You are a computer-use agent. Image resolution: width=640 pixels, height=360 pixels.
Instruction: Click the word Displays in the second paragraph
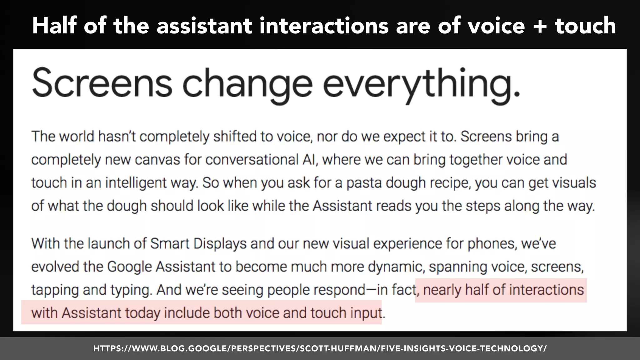220,243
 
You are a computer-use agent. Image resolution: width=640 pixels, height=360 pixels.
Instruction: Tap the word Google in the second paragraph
129,267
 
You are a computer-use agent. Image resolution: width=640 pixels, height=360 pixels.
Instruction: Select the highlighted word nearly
442,290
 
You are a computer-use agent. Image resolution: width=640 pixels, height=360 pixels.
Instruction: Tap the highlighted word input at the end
366,313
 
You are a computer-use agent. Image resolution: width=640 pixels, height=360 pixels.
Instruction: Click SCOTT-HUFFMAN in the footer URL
339,348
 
